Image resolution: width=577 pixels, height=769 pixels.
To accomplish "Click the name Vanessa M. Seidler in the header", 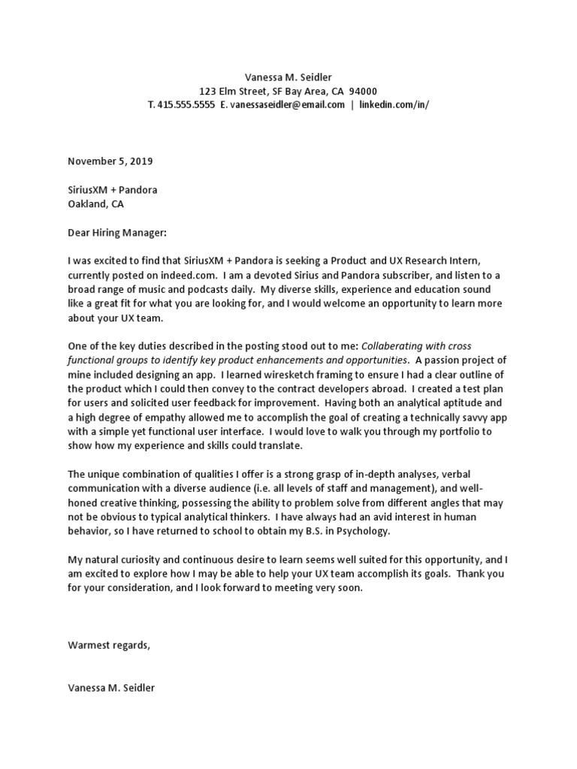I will pos(288,77).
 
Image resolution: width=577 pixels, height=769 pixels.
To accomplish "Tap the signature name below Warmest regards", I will pos(111,688).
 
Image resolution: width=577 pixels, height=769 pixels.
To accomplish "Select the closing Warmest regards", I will pos(109,645).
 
